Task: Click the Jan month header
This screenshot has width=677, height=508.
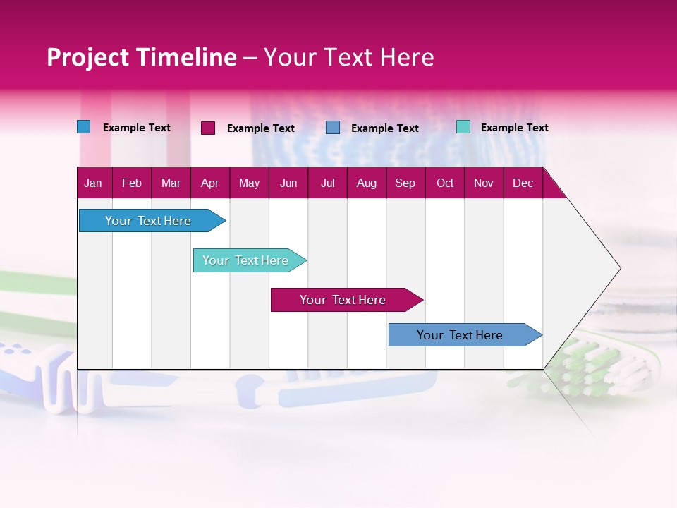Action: pyautogui.click(x=93, y=183)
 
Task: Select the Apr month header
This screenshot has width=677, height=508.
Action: pyautogui.click(x=209, y=183)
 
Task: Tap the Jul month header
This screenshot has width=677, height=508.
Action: pyautogui.click(x=327, y=183)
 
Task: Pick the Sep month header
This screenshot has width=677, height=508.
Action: pyautogui.click(x=405, y=183)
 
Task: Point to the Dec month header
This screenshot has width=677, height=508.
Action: pyautogui.click(x=523, y=183)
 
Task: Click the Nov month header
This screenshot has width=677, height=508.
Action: pyautogui.click(x=483, y=183)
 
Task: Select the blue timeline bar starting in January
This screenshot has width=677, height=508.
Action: pyautogui.click(x=148, y=221)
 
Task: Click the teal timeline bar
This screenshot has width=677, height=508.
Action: pyautogui.click(x=245, y=260)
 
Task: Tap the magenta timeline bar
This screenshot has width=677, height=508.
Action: pyautogui.click(x=343, y=300)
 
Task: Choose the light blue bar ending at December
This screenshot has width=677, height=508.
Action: pyautogui.click(x=460, y=335)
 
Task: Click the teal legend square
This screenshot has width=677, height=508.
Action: pyautogui.click(x=463, y=127)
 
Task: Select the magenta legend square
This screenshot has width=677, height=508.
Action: pyautogui.click(x=208, y=128)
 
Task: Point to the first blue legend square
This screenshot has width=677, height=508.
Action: pyautogui.click(x=83, y=127)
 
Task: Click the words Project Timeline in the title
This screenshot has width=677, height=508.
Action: pyautogui.click(x=141, y=57)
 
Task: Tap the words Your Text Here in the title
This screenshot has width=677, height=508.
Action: pyautogui.click(x=348, y=57)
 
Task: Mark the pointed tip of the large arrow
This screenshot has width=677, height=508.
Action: pyautogui.click(x=619, y=268)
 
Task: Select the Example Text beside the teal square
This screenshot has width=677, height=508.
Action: pyautogui.click(x=514, y=128)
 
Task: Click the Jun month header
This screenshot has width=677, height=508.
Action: pyautogui.click(x=288, y=183)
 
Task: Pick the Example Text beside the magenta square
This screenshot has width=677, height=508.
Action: pyautogui.click(x=260, y=128)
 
